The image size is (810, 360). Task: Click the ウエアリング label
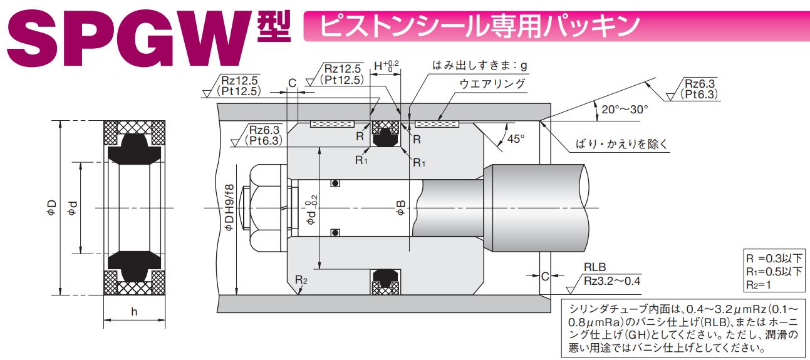point(492,85)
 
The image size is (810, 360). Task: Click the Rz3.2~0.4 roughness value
point(611,280)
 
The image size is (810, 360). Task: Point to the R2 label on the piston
point(302,279)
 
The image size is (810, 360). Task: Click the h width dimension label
point(133,312)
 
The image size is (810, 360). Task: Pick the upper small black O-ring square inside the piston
point(336,183)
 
